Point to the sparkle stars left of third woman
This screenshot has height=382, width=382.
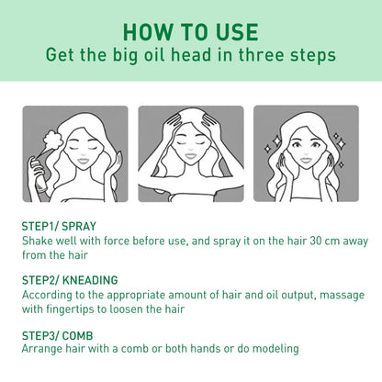click(x=275, y=147)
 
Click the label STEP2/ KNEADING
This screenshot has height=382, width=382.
click(x=70, y=280)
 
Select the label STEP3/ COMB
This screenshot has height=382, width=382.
click(x=58, y=335)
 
